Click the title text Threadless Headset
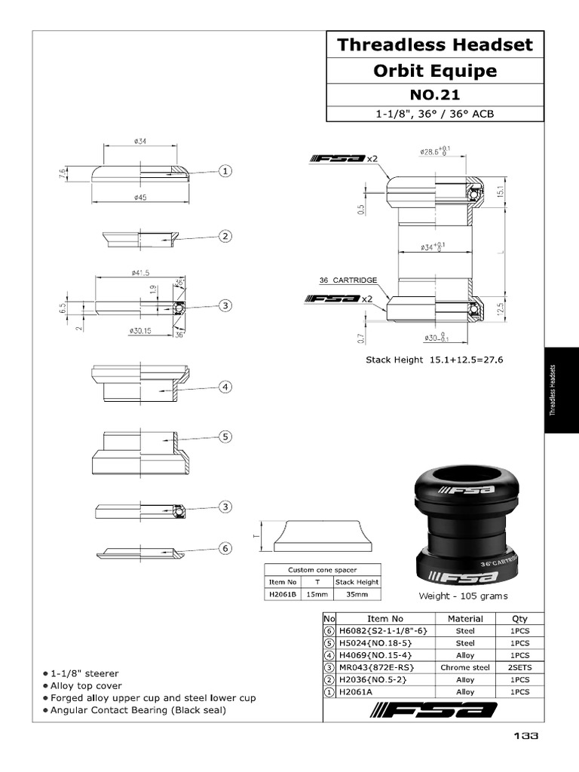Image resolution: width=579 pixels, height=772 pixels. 434,44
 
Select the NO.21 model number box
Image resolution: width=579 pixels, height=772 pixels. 434,95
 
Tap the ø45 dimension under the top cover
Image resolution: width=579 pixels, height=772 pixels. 140,198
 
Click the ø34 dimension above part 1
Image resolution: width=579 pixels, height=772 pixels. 140,141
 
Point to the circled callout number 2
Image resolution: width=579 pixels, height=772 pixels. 225,237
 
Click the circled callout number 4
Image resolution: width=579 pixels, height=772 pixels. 225,387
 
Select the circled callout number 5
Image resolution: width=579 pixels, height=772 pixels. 225,436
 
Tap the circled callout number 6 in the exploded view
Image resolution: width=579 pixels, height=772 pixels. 225,548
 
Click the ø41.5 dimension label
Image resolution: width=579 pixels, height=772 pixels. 141,272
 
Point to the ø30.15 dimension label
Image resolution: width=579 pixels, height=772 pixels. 141,330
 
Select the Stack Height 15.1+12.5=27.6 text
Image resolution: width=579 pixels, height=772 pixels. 434,360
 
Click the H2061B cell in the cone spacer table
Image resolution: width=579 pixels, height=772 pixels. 283,594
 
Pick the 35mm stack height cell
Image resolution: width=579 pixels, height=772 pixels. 356,594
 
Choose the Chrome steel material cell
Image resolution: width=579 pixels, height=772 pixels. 465,667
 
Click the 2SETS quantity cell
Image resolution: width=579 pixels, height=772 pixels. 519,667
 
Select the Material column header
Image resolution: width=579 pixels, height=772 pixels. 465,618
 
